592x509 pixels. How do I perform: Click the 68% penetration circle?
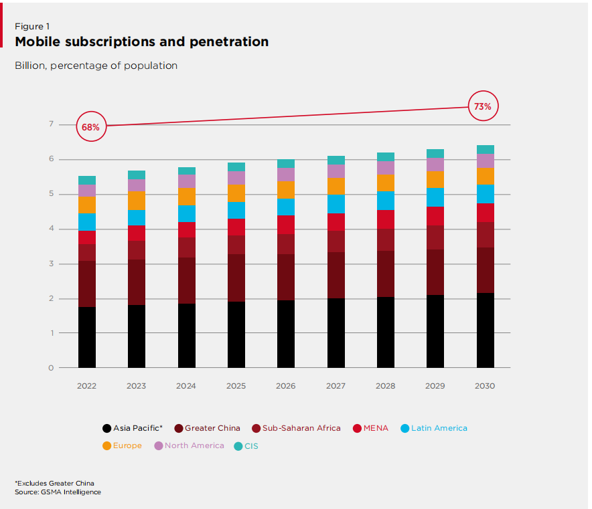pos(91,126)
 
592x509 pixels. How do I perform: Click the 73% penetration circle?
pos(483,106)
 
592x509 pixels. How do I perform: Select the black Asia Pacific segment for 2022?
pos(87,337)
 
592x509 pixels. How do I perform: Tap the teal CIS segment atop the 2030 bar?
pos(486,149)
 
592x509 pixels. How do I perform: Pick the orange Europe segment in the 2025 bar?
pos(236,193)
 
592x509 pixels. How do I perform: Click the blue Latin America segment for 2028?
pos(386,200)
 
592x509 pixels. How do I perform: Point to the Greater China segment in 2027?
pos(336,275)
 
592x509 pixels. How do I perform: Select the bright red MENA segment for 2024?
pos(187,229)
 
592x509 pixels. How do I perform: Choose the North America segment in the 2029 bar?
pos(436,164)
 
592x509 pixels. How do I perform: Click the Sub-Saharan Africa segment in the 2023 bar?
pos(137,249)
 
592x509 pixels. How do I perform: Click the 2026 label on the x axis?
pos(286,386)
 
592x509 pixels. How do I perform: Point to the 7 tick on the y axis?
pos(50,124)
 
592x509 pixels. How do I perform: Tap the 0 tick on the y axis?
pos(50,368)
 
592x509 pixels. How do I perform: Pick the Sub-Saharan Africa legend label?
pos(301,428)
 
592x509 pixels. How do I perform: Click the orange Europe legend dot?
pos(106,446)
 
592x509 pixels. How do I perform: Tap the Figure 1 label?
pos(33,26)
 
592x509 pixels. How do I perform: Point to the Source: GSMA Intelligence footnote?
pos(58,492)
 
